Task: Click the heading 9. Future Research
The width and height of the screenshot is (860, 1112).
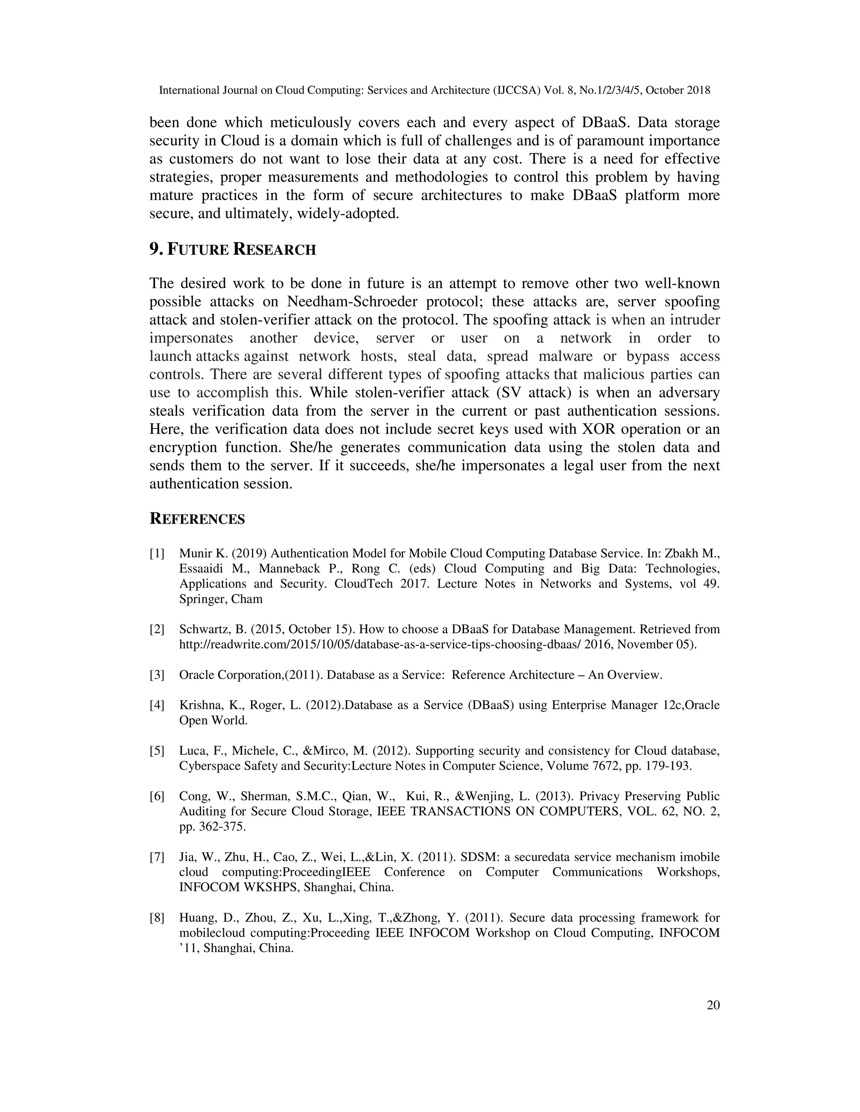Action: point(232,250)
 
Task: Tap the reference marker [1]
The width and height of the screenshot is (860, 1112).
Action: point(157,553)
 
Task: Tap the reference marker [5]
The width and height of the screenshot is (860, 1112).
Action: point(157,751)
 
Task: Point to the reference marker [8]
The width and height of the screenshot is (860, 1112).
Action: point(157,918)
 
